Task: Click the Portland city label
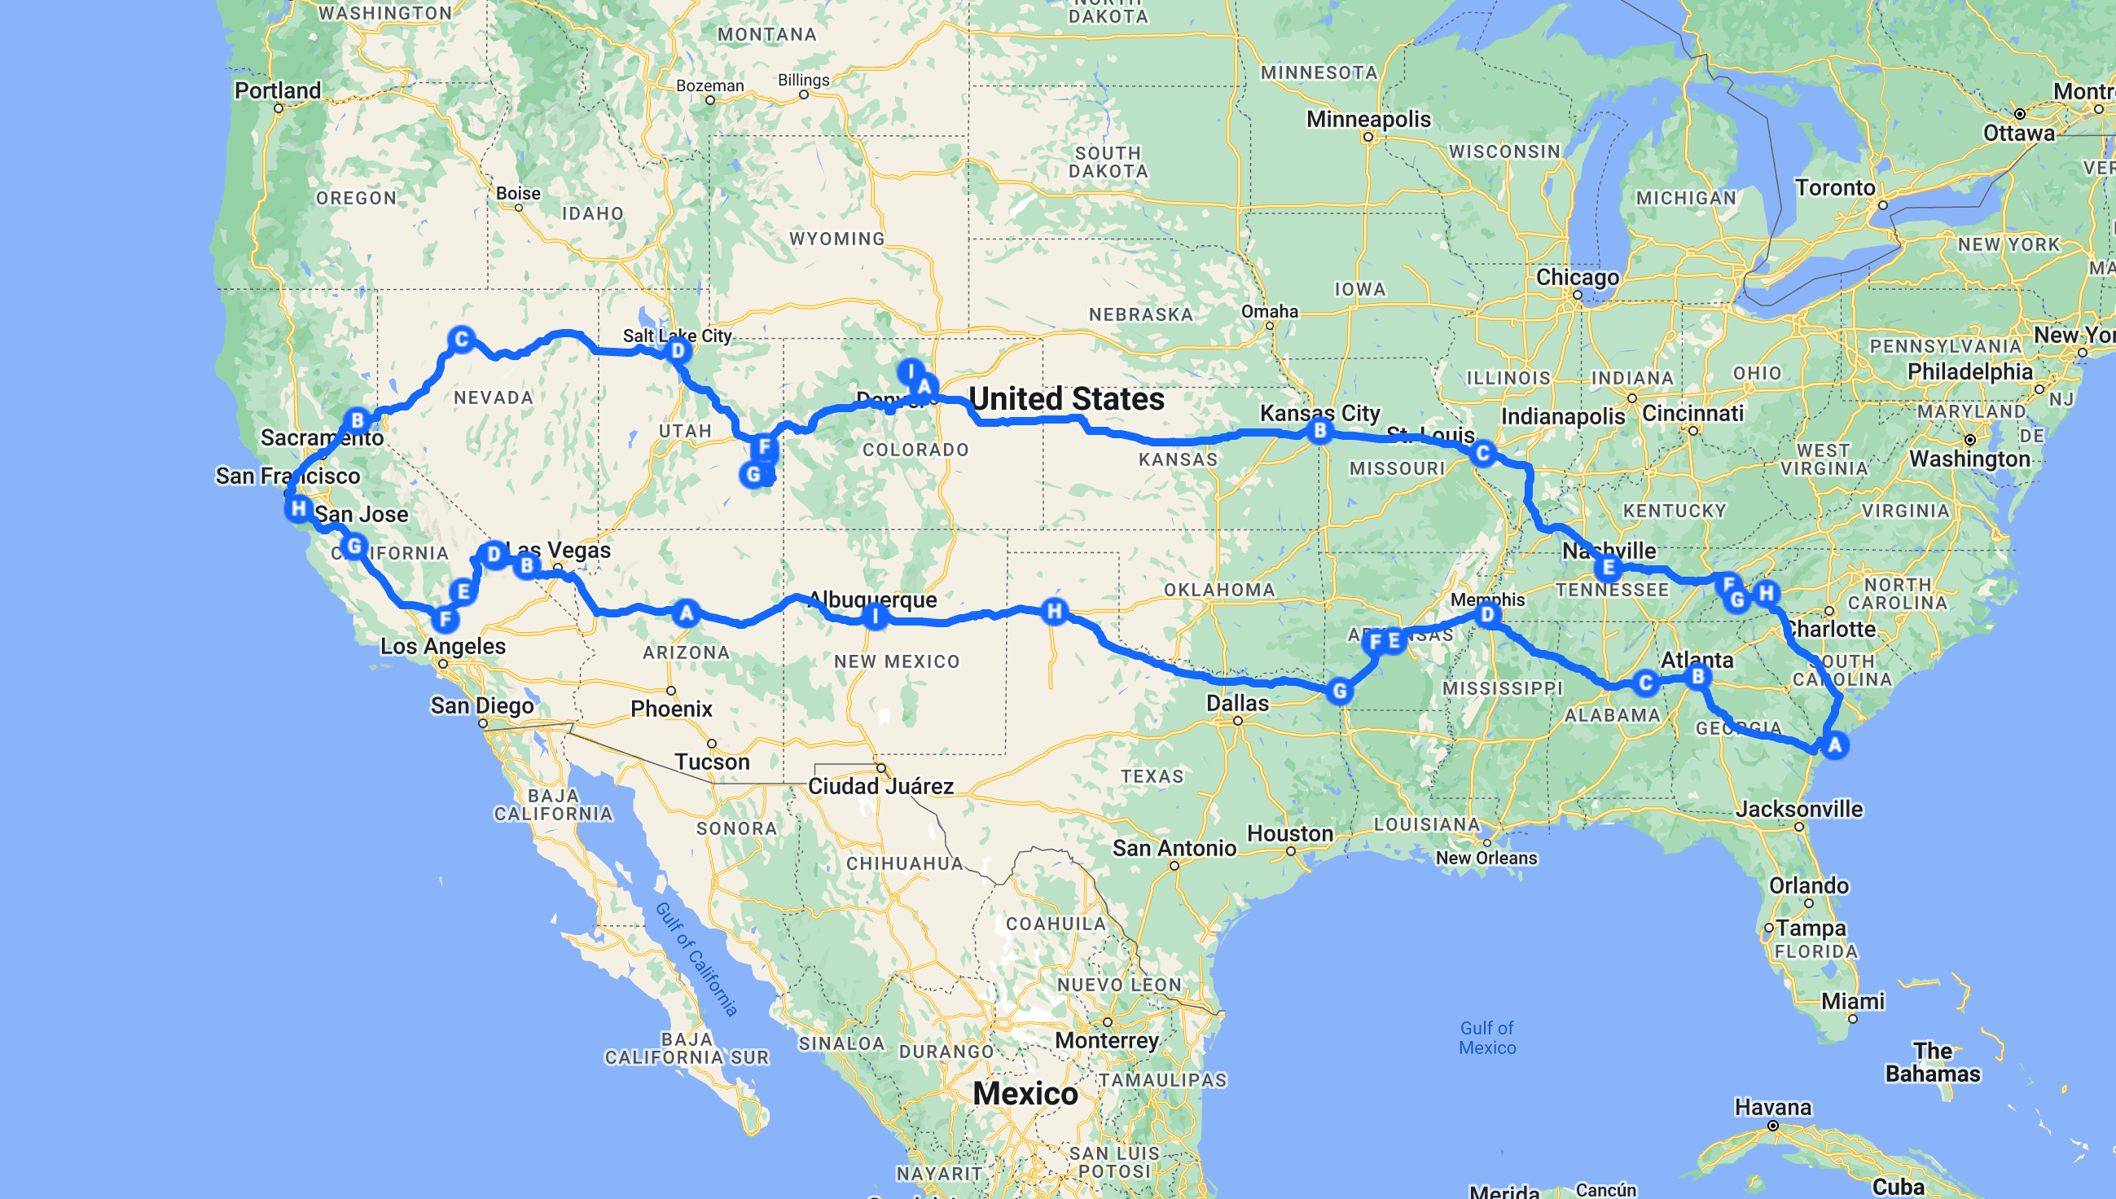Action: click(278, 90)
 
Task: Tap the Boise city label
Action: click(518, 194)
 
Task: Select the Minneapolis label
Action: click(1368, 120)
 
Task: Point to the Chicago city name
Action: click(1577, 277)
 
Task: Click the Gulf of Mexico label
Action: click(1487, 1038)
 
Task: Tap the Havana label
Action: click(1772, 1107)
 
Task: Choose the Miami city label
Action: click(1853, 1001)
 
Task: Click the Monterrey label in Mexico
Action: click(1107, 1041)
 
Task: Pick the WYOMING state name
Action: click(836, 239)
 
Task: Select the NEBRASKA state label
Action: click(1140, 314)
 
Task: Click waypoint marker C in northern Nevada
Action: click(461, 340)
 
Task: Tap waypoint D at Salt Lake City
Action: click(678, 352)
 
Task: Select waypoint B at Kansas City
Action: click(1319, 430)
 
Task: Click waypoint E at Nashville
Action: click(1608, 568)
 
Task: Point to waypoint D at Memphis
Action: click(1486, 614)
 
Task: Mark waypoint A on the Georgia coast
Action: click(1834, 745)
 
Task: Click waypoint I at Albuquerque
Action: click(875, 615)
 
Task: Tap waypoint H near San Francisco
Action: click(298, 509)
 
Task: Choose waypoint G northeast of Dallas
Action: click(1340, 692)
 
